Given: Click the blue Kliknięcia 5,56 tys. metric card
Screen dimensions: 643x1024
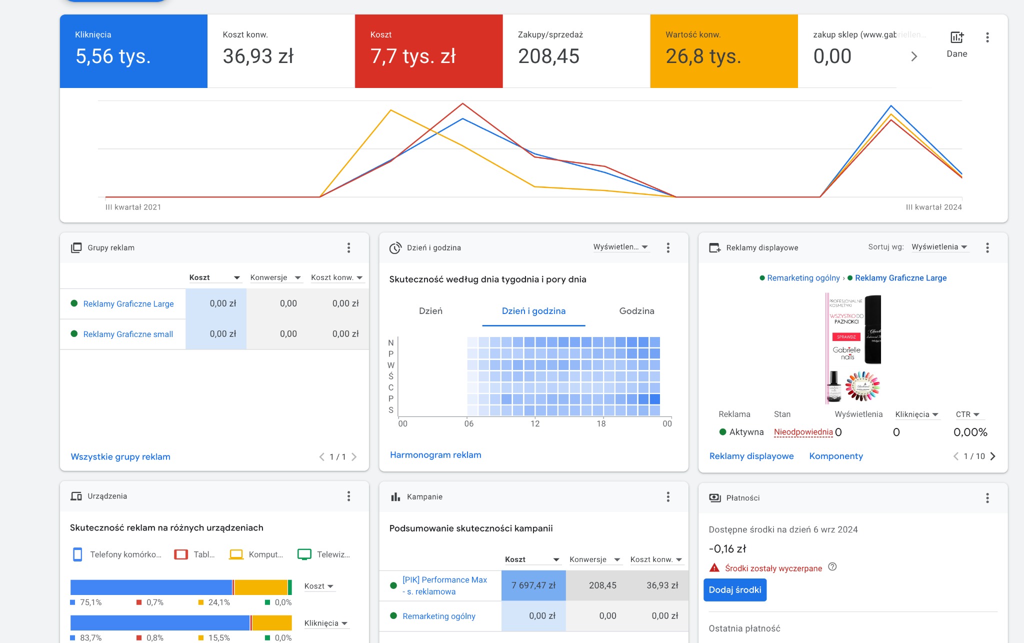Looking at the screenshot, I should [133, 51].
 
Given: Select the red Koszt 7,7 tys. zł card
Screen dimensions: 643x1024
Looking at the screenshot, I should [428, 51].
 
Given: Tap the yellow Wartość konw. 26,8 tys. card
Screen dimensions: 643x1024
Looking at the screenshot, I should [723, 51].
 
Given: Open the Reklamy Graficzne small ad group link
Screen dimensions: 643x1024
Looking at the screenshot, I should [128, 334].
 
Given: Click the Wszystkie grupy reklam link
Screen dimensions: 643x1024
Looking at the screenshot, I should [120, 456].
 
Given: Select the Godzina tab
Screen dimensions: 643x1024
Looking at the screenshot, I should [636, 311].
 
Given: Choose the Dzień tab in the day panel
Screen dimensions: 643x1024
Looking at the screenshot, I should [430, 311].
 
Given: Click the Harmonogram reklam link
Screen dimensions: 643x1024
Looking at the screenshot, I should [435, 455].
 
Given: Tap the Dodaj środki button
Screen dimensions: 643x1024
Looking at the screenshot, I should [734, 590].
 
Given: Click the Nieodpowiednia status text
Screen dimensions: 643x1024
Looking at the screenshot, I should [803, 432].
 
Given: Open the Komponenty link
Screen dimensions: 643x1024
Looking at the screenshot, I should [836, 456].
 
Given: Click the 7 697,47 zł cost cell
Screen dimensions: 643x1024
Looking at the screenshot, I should [533, 585].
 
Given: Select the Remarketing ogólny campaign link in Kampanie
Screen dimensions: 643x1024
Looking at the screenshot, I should [439, 616].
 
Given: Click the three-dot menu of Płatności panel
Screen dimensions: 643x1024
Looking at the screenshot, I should [987, 498].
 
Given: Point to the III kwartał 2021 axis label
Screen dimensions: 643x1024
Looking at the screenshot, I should [133, 207].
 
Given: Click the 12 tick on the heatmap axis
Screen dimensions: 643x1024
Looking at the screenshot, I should [535, 423].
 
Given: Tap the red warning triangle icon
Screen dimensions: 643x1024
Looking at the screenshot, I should [714, 568].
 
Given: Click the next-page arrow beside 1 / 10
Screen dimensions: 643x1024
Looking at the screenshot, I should [993, 456].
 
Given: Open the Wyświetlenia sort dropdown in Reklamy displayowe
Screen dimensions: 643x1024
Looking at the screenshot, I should [939, 247].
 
